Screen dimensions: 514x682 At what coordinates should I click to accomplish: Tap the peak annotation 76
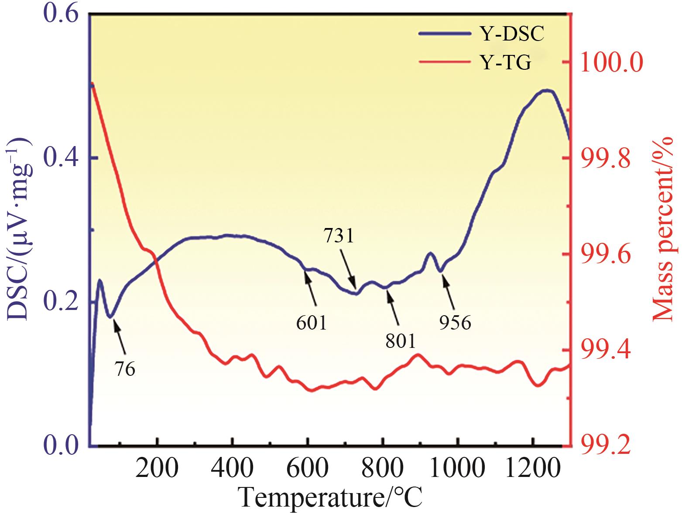(x=125, y=369)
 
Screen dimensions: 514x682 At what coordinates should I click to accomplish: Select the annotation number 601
(x=312, y=323)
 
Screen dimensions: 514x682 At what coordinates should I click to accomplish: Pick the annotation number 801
(x=401, y=341)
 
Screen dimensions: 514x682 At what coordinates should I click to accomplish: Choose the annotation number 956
(x=455, y=323)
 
